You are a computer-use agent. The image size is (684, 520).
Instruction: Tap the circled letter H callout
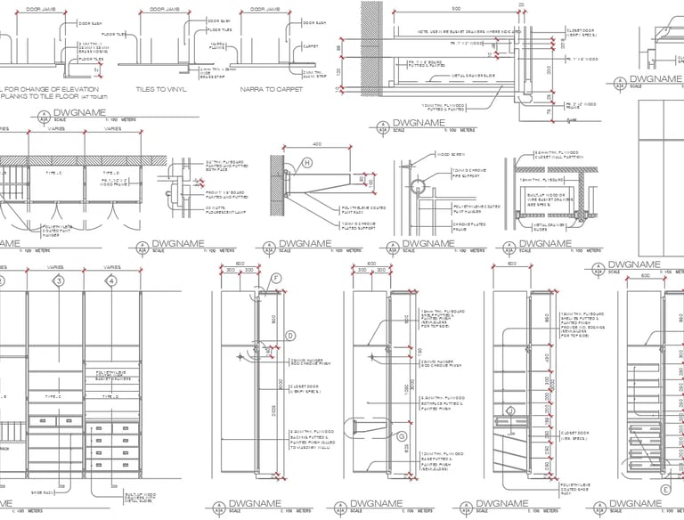[x=306, y=163]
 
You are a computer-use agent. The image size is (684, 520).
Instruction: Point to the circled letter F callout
[x=276, y=279]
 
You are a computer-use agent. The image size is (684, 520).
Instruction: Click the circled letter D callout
[x=290, y=335]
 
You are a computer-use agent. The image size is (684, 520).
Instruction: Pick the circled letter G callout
[x=402, y=437]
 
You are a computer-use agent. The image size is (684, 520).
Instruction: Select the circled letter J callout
[x=513, y=410]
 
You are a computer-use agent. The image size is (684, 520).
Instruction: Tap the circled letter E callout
[x=665, y=489]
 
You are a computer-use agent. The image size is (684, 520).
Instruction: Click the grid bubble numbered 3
[x=59, y=281]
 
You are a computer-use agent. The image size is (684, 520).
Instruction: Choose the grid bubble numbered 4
[x=111, y=281]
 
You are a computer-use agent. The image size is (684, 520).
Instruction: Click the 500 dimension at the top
[x=455, y=8]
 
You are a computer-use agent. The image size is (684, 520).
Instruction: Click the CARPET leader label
[x=310, y=45]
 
